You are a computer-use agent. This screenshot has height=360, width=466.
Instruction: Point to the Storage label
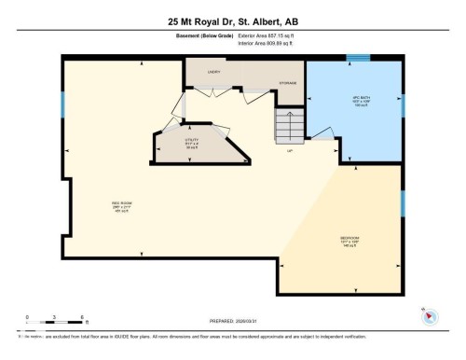[286, 82]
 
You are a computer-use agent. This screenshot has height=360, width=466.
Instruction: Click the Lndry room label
[212, 71]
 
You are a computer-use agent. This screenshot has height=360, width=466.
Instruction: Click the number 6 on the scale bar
[83, 317]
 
